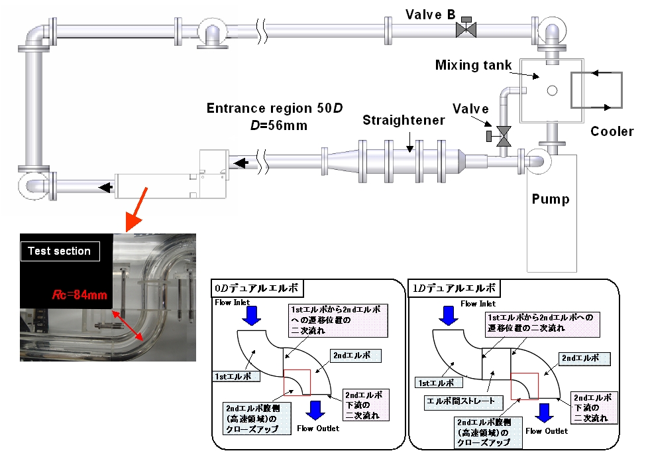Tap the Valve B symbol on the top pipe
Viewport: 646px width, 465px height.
click(x=467, y=29)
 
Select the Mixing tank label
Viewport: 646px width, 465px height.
click(x=473, y=65)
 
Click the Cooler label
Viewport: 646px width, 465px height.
click(x=612, y=131)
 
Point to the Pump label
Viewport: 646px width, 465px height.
click(x=550, y=199)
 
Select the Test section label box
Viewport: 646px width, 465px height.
click(x=60, y=251)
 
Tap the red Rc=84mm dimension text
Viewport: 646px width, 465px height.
click(x=80, y=296)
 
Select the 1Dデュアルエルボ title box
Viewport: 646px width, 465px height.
click(x=456, y=289)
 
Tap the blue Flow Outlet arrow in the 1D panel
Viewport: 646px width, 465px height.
click(x=544, y=413)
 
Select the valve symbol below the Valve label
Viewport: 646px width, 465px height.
click(x=504, y=136)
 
